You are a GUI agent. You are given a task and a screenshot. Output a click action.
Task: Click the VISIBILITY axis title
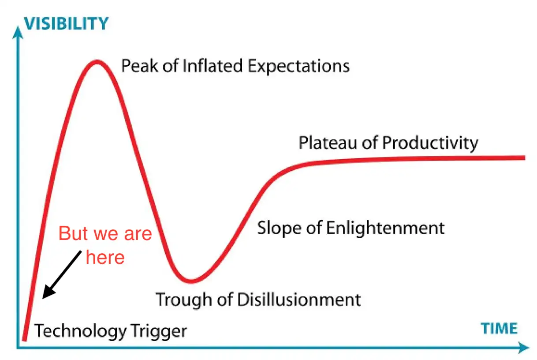click(66, 24)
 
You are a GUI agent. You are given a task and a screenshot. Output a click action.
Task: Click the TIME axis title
click(499, 329)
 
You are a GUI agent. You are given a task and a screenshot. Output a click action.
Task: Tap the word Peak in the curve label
click(138, 66)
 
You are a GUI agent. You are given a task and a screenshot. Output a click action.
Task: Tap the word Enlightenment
click(385, 229)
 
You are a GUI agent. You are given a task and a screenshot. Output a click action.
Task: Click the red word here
click(105, 257)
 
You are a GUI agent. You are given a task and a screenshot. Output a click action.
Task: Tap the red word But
click(73, 234)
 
